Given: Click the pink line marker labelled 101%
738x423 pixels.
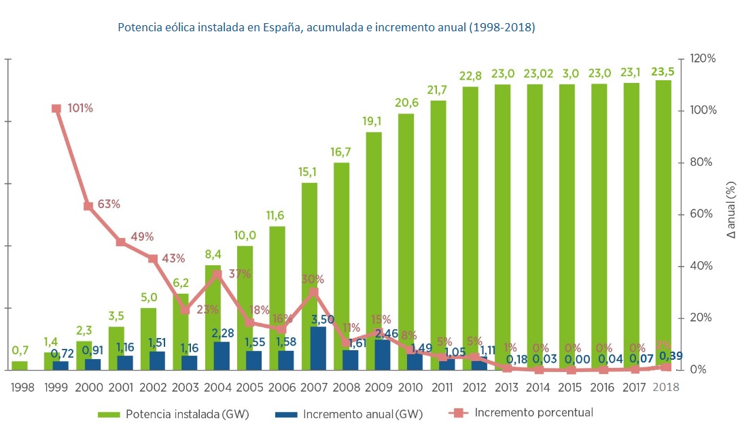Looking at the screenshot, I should tap(56, 109).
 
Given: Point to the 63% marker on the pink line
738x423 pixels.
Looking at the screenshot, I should tap(88, 206).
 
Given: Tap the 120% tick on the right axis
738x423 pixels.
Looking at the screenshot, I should tap(703, 59).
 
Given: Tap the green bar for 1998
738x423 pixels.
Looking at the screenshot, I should tap(20, 365).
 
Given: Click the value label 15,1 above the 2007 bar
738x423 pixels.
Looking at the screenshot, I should tap(309, 172).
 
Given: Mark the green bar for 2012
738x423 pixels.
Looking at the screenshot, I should tap(470, 218).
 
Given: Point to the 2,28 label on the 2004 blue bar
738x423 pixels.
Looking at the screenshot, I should tap(222, 333).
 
